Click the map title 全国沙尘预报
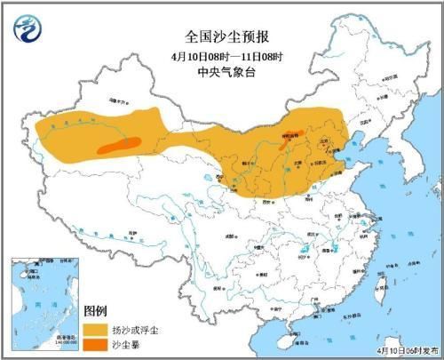coord(221,37)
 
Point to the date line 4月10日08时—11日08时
coord(221,56)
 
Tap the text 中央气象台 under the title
coord(221,73)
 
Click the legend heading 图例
coord(96,310)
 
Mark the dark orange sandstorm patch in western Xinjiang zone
coord(119,145)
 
